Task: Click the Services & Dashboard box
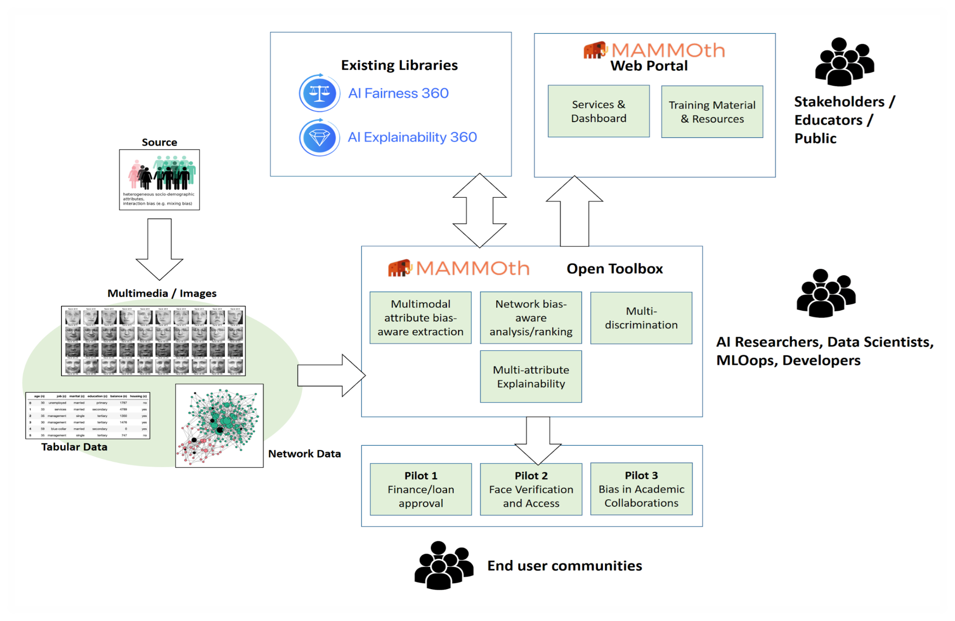pos(598,111)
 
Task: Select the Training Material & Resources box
pos(712,112)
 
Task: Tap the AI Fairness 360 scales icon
pos(319,93)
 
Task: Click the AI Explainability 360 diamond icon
pos(319,137)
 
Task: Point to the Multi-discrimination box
pos(641,318)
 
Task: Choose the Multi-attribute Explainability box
pos(531,376)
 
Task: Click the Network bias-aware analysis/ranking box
pos(531,318)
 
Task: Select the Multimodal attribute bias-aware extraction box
pos(420,318)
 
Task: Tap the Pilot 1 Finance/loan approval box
pos(421,489)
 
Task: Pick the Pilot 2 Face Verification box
pos(531,489)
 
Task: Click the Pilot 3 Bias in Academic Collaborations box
pos(641,489)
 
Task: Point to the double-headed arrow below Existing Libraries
pos(479,210)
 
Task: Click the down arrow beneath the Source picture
pos(159,249)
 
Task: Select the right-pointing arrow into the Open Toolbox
pos(331,375)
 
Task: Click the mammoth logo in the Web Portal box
pos(595,50)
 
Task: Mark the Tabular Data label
pos(74,447)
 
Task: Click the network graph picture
pos(219,426)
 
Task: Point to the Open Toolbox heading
pos(614,269)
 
